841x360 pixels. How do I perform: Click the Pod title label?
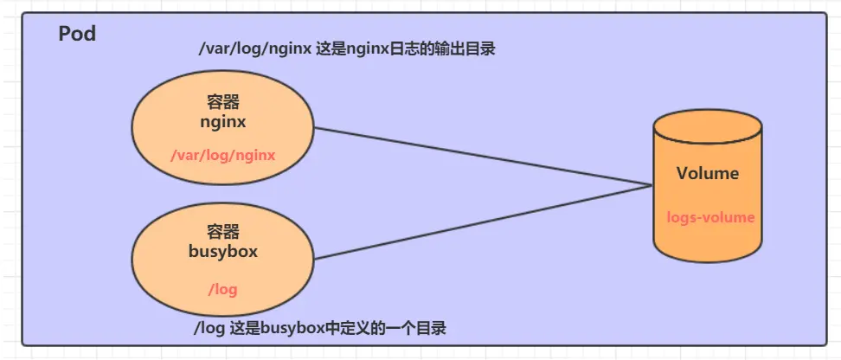click(x=77, y=35)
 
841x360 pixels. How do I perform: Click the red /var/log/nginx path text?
click(x=222, y=156)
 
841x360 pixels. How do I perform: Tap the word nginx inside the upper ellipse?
click(x=222, y=122)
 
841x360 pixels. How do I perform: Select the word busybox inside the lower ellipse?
click(x=222, y=252)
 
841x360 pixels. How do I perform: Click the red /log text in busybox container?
click(x=222, y=288)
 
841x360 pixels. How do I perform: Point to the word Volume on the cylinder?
click(x=708, y=173)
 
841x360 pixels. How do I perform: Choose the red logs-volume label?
click(x=710, y=217)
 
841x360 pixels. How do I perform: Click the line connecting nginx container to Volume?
click(x=485, y=157)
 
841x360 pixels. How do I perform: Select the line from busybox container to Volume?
click(x=485, y=222)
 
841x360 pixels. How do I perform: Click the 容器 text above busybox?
click(x=222, y=232)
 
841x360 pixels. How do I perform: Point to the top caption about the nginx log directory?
click(x=346, y=50)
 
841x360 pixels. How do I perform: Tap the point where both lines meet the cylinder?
click(x=652, y=184)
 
